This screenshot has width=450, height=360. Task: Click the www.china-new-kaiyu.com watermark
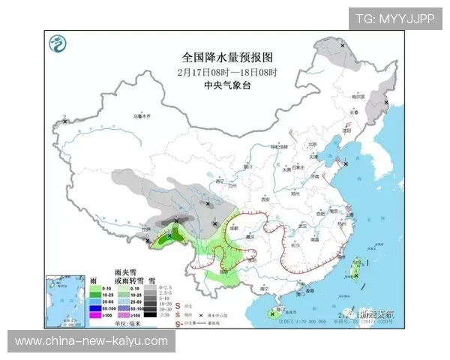tap(91, 341)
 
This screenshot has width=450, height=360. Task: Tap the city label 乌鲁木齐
tap(142, 116)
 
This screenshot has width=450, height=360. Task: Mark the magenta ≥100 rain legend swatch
tap(97, 315)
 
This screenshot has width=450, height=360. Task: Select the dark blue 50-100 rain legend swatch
tap(97, 308)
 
